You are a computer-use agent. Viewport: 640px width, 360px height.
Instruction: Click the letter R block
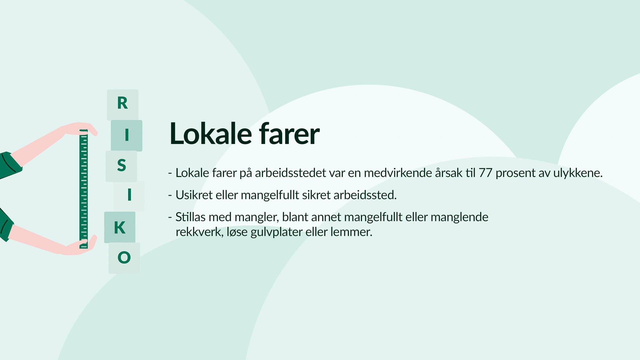tap(122, 105)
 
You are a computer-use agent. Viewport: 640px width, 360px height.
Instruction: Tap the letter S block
tap(121, 166)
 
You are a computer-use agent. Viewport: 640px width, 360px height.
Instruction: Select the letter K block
tap(120, 227)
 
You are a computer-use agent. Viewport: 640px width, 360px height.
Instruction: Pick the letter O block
tap(124, 258)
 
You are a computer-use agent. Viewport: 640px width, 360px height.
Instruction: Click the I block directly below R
tap(127, 135)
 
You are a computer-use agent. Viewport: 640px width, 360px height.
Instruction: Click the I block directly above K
tap(129, 197)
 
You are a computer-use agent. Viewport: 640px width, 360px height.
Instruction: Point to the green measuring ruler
tap(84, 189)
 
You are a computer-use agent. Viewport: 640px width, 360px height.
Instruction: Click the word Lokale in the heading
tap(211, 134)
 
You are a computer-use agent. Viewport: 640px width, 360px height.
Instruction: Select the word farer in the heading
tap(289, 134)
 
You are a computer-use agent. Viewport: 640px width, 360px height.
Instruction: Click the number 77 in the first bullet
tap(485, 173)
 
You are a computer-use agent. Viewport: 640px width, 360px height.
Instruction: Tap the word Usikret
tap(194, 195)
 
